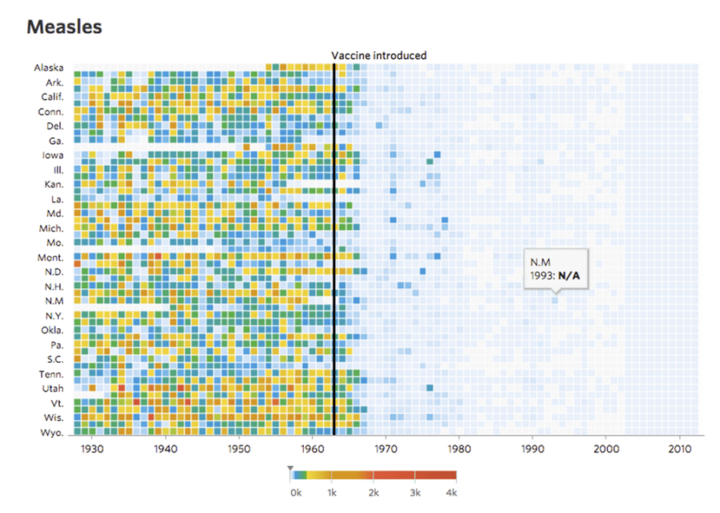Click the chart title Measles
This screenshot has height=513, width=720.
click(64, 27)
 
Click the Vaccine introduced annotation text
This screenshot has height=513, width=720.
click(378, 55)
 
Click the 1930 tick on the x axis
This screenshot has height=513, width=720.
click(93, 450)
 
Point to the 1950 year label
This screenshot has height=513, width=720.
click(239, 450)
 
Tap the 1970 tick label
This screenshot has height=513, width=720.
click(386, 450)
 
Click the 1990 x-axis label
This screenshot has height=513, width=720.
click(532, 450)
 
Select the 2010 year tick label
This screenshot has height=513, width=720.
click(678, 450)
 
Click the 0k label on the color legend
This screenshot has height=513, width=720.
click(295, 493)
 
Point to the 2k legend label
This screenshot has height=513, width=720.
click(374, 493)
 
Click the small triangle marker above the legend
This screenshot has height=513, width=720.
click(290, 468)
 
